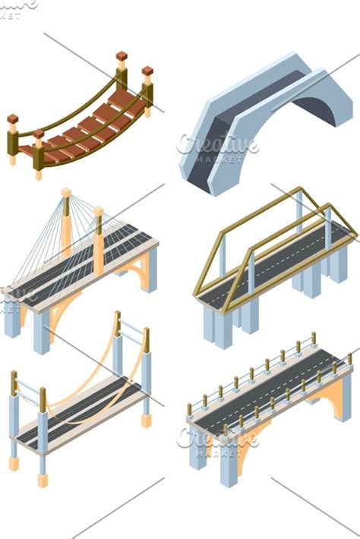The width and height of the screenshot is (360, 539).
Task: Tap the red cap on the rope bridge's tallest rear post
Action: point(122,57)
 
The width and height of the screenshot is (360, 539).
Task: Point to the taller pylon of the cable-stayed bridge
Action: point(67,220)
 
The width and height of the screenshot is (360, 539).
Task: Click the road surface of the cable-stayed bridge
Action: point(84,266)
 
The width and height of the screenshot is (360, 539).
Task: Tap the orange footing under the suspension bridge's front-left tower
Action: point(14,463)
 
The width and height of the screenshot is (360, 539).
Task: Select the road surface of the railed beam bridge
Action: point(266,387)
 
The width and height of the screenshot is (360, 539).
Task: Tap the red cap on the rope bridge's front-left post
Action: point(13,119)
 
